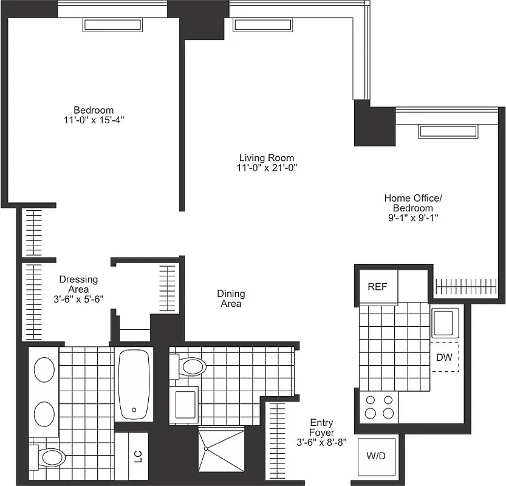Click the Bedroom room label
(94, 110)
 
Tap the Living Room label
(268, 157)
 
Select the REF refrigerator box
(377, 287)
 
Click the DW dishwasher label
(444, 357)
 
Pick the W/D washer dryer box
(377, 456)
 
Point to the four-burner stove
(379, 407)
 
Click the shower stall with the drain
(222, 448)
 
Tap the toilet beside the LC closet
(51, 457)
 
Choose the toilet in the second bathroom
(191, 366)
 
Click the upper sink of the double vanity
(44, 370)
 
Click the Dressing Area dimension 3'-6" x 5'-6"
(78, 299)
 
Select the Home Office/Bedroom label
(413, 203)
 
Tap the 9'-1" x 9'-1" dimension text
(413, 217)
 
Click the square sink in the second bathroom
(185, 403)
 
